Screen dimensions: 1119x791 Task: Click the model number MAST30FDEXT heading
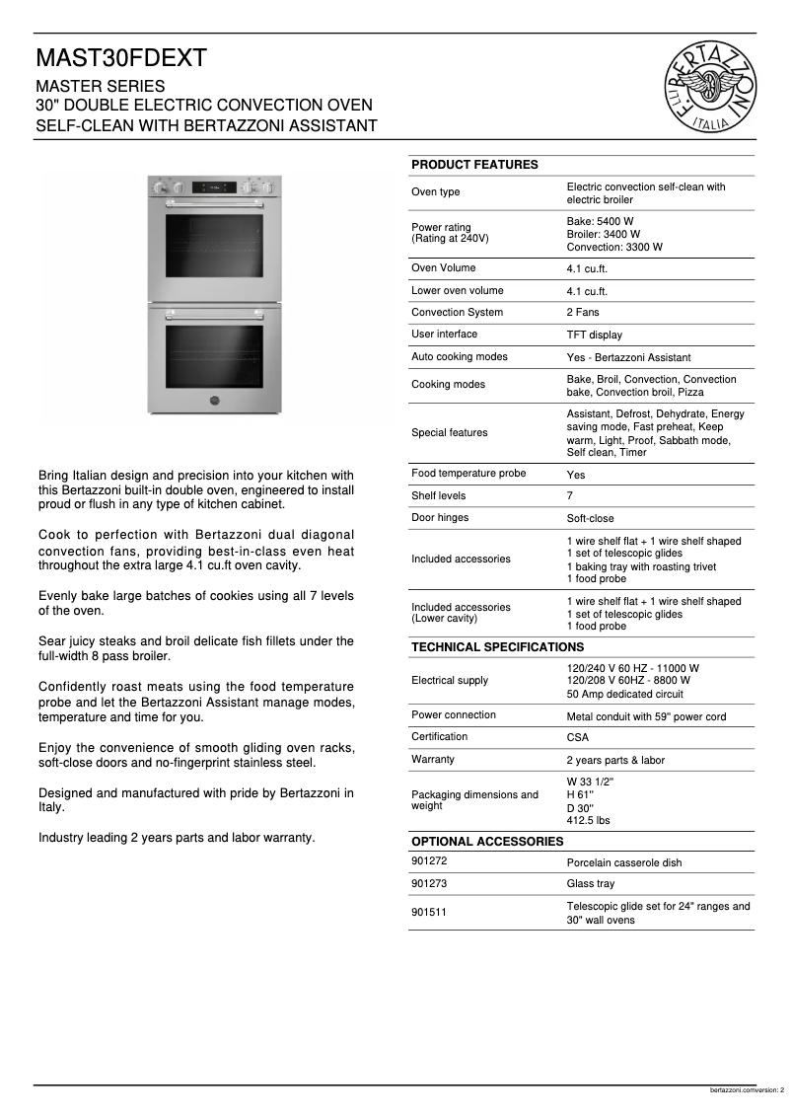[x=121, y=58]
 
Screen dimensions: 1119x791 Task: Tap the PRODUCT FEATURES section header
[x=474, y=165]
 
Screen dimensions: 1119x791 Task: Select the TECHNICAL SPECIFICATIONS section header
[x=497, y=647]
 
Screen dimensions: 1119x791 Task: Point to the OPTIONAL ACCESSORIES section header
[x=487, y=842]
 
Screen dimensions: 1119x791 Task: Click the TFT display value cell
[x=594, y=336]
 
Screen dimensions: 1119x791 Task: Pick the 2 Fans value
[x=583, y=313]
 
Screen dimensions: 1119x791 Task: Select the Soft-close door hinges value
[x=592, y=519]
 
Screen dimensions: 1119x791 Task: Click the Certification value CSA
[x=578, y=738]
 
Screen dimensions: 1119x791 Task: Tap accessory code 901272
[x=429, y=861]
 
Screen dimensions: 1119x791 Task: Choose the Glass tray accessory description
[x=590, y=884]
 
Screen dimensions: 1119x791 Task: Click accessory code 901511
[x=429, y=913]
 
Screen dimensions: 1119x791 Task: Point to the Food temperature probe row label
[x=468, y=474]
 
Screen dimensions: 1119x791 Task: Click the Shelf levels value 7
[x=570, y=496]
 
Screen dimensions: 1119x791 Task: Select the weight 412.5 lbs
[x=588, y=820]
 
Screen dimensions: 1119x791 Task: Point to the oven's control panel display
[x=215, y=186]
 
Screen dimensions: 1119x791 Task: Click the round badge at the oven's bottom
[x=215, y=401]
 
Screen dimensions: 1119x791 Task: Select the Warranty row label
[x=433, y=760]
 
